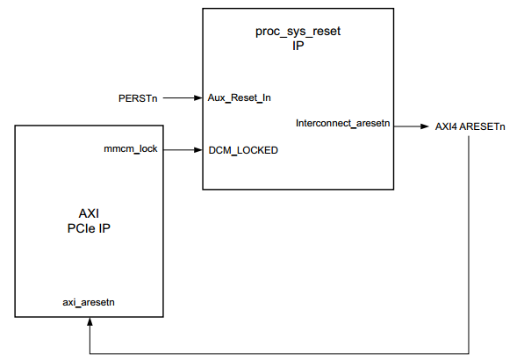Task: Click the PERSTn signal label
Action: [x=138, y=97]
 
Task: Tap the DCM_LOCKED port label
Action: [x=243, y=150]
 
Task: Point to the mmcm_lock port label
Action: [x=131, y=149]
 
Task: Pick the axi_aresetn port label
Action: [x=89, y=302]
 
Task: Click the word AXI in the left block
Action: [x=89, y=213]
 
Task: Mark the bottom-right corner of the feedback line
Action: [x=470, y=354]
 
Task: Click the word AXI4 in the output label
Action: [x=449, y=126]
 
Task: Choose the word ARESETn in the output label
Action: [x=485, y=126]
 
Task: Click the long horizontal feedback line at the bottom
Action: [x=281, y=354]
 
